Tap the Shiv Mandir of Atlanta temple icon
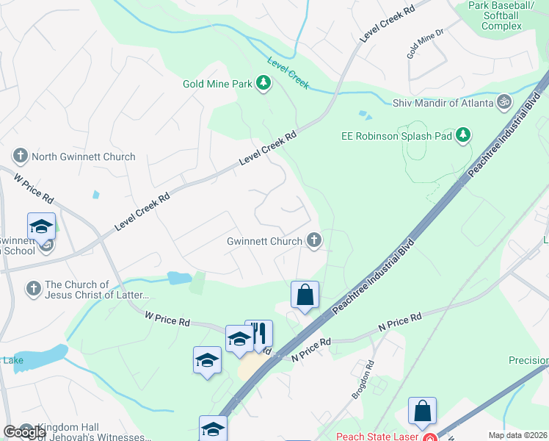coord(504,102)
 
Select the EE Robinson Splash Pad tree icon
coord(462,135)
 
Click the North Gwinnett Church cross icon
coord(21,156)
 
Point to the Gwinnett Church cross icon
coord(314,240)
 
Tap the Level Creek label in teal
coord(288,73)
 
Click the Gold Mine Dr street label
coord(426,45)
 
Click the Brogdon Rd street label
coord(363,379)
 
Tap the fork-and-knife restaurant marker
coord(258,334)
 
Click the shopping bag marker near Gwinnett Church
coord(305,295)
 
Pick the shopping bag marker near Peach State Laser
coord(423,412)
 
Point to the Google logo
coord(25,432)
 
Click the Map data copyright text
coord(517,435)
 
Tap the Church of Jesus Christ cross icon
coord(34,289)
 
